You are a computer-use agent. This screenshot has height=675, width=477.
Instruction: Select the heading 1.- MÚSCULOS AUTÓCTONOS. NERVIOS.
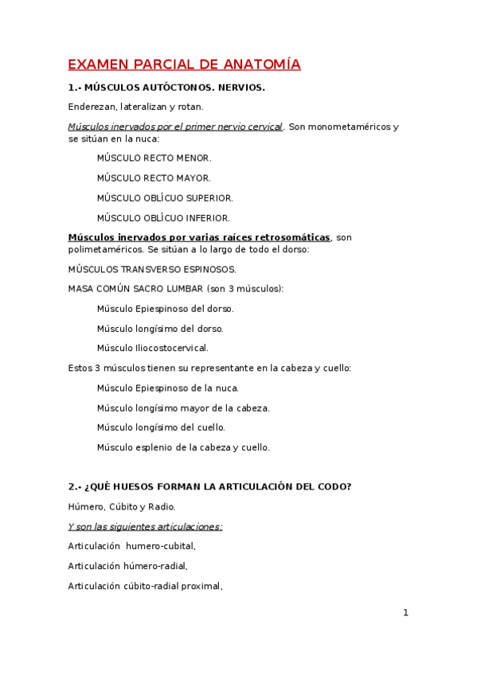tap(166, 88)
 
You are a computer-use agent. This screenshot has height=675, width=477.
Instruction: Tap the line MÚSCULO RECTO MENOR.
tap(154, 158)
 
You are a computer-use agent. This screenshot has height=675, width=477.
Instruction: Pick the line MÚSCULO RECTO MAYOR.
tap(154, 178)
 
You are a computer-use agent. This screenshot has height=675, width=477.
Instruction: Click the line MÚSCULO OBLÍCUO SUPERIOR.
tap(165, 198)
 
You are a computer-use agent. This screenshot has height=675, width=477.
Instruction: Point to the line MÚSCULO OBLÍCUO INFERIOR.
tap(163, 218)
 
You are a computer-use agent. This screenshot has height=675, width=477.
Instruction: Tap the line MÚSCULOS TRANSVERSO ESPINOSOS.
tap(152, 269)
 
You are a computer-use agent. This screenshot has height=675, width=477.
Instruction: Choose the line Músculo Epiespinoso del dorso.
tap(165, 309)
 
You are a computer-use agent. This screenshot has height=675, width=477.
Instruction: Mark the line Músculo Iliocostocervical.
tap(152, 348)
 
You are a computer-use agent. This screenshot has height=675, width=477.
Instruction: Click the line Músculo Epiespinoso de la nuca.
tap(167, 388)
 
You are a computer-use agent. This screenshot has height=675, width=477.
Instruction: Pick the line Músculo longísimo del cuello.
tap(161, 427)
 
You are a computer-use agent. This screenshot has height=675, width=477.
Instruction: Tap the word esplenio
tap(152, 447)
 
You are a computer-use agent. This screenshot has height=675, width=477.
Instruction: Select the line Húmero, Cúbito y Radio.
tap(122, 506)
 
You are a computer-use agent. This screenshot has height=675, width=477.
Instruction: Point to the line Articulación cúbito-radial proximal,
tap(145, 587)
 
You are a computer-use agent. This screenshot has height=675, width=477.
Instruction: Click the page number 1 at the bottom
tap(405, 613)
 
